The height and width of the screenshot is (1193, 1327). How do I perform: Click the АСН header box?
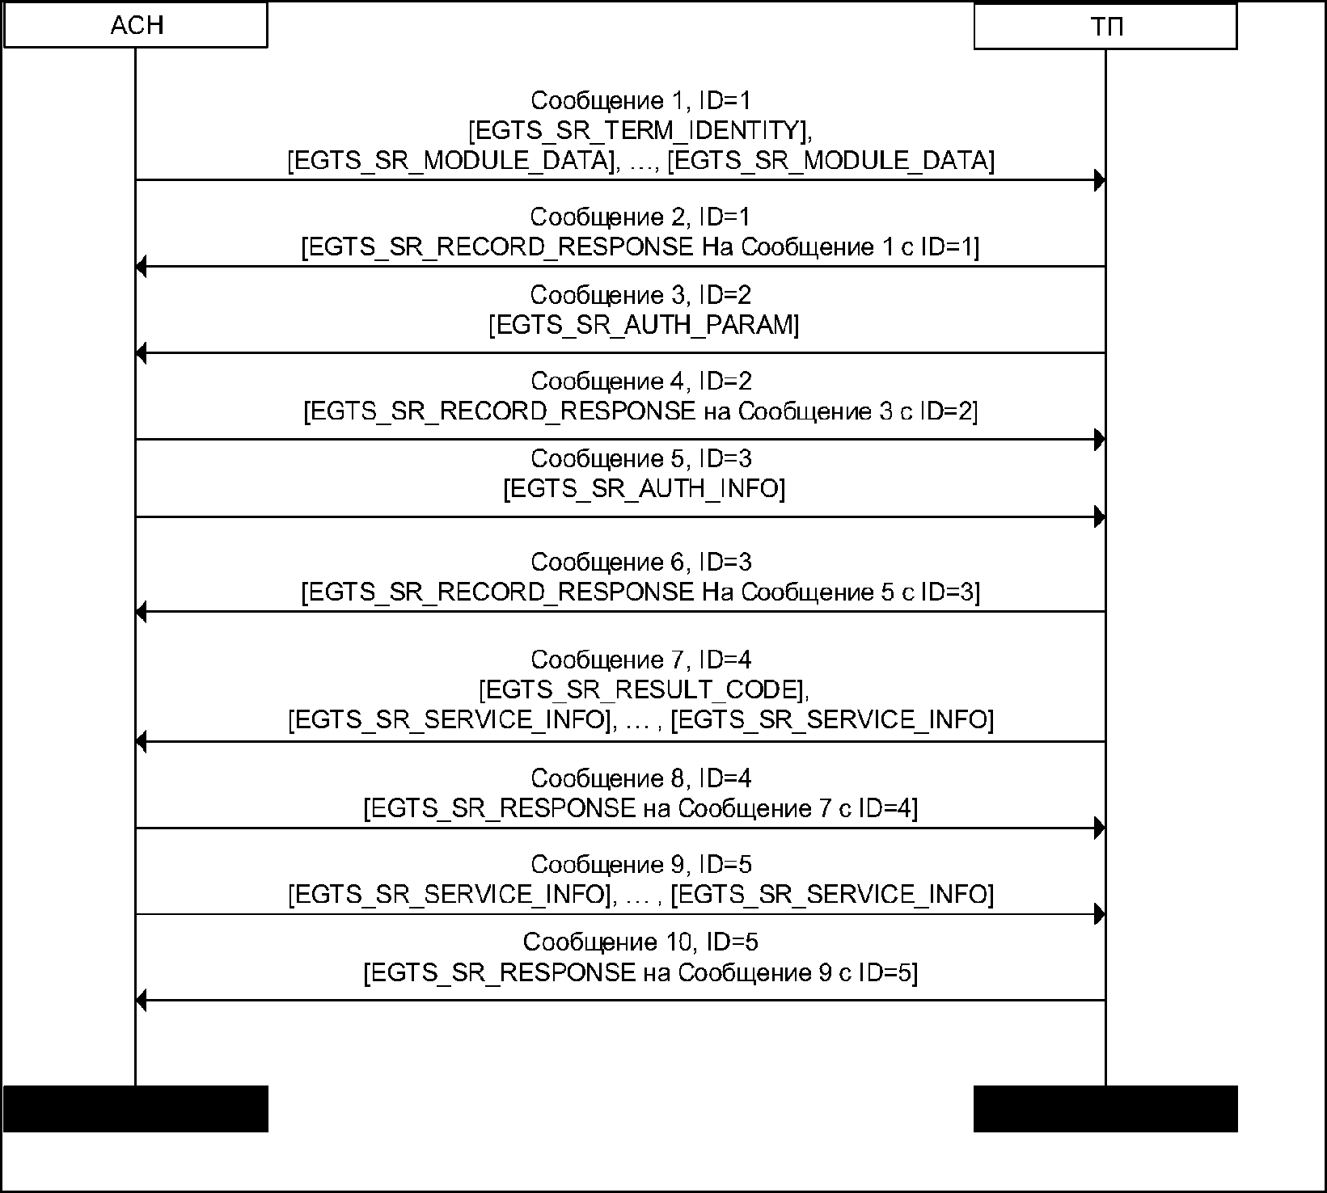tap(136, 25)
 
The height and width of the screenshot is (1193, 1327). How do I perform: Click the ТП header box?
tap(1105, 27)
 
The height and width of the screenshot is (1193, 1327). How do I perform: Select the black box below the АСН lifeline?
tap(136, 1108)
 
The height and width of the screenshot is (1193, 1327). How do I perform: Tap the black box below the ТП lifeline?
tap(1105, 1108)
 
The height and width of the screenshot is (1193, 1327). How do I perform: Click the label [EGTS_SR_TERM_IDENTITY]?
tap(638, 130)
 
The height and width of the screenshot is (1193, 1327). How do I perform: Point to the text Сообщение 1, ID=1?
tap(641, 100)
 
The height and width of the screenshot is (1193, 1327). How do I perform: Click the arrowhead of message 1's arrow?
tap(1100, 180)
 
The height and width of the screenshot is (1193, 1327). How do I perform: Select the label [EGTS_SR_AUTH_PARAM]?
tap(644, 325)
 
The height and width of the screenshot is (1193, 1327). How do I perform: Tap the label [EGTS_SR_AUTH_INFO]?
tap(644, 488)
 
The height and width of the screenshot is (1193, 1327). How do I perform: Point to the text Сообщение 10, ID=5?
tap(640, 942)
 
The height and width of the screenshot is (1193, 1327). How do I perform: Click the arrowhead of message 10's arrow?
tap(141, 1001)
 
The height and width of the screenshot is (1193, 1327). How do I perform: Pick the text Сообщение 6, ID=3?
tap(641, 562)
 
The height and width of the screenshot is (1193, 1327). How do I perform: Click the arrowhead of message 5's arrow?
tap(1100, 517)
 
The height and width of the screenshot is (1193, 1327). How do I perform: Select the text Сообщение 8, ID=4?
tap(641, 778)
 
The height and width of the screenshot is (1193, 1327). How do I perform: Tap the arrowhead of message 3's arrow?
tap(141, 353)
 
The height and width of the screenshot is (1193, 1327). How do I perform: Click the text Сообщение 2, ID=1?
tap(640, 217)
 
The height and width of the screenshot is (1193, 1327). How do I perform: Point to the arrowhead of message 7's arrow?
tap(141, 742)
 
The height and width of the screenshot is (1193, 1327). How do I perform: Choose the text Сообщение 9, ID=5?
tap(641, 865)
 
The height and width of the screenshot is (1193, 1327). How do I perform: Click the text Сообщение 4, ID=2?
tap(641, 381)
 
